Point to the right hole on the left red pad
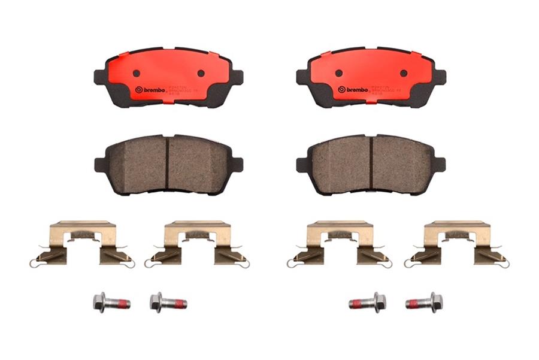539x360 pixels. (201, 73)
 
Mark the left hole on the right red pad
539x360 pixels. (339, 73)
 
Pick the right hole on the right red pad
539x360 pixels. (403, 73)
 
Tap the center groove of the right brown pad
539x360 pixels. (371, 165)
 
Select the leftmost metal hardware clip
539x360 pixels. (82, 243)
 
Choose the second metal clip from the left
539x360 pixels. (198, 243)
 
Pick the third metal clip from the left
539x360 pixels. (340, 243)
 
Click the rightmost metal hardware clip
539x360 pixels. (457, 243)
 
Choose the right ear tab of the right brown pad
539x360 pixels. (438, 165)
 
